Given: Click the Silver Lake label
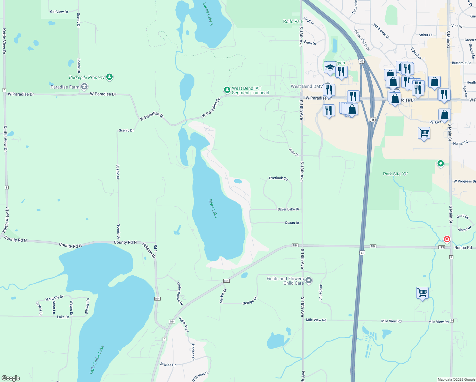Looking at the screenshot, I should [213, 208].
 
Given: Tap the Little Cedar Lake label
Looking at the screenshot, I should [97, 359].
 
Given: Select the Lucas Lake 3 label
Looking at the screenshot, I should [208, 14].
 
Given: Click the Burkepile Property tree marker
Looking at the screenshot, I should [109, 77].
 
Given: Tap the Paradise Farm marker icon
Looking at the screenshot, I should [84, 86].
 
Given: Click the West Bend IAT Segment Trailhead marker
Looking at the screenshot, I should [227, 90].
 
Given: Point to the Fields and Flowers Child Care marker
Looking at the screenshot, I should [308, 280].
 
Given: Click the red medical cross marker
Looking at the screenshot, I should [447, 239].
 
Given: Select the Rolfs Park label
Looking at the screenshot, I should [293, 21].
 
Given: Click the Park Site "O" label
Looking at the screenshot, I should [395, 174].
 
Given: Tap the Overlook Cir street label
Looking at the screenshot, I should [278, 178].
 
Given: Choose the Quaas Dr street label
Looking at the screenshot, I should [292, 223].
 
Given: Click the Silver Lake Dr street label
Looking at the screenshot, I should [288, 209].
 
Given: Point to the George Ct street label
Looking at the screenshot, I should [250, 301].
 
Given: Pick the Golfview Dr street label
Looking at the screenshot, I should [59, 12].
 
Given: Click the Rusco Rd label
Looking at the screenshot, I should [463, 248].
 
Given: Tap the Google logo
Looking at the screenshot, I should [11, 378].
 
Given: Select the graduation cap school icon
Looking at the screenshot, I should [330, 67].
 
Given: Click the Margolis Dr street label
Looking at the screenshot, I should [54, 298].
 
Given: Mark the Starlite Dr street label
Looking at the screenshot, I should [168, 364].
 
